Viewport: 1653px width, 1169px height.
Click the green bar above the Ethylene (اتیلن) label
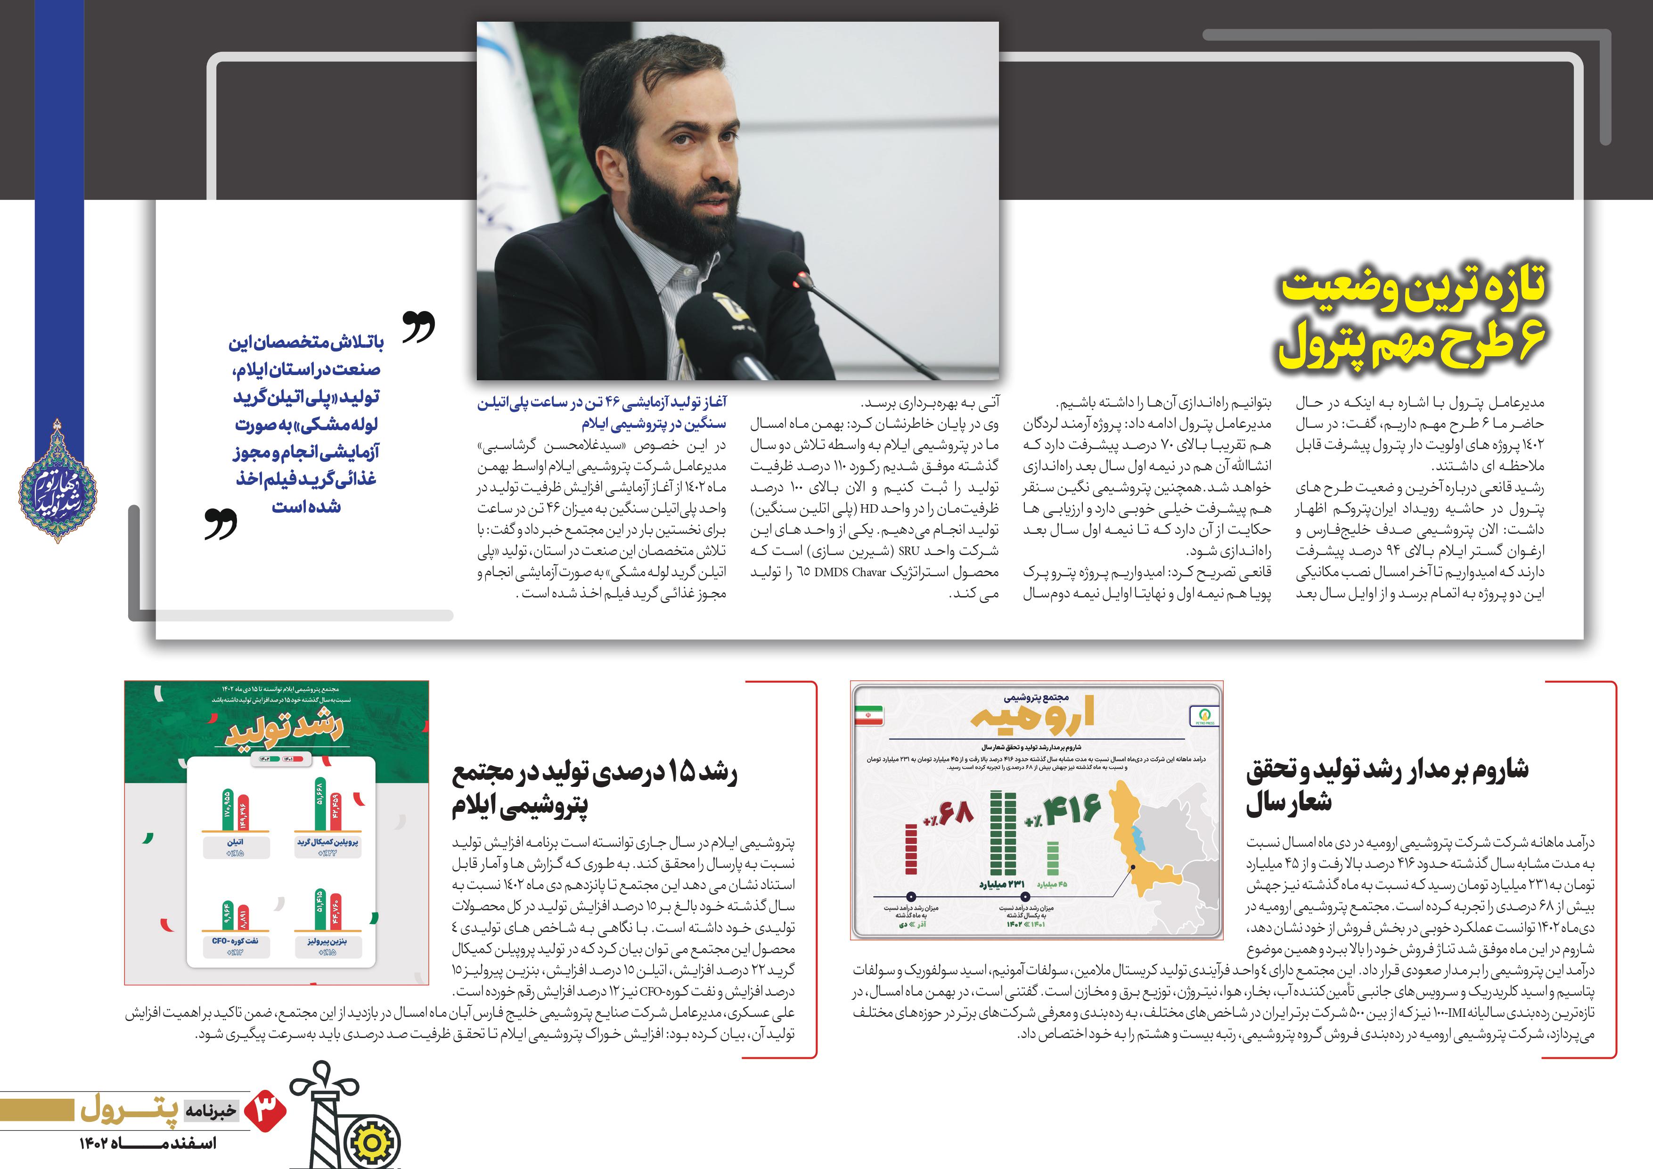228,812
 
